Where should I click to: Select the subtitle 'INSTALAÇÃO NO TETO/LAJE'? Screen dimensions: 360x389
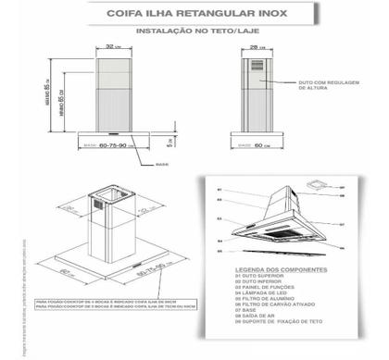point(197,30)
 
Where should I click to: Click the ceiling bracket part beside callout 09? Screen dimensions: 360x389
point(320,186)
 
